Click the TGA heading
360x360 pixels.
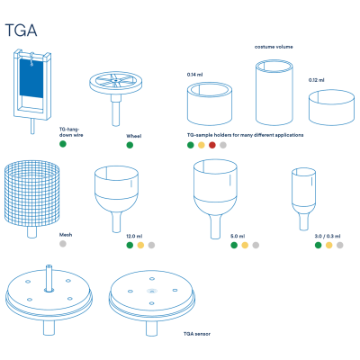[21, 31]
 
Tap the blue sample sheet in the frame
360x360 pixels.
[31, 78]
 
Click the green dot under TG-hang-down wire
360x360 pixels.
[63, 144]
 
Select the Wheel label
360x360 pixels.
[134, 136]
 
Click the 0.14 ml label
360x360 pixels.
[194, 75]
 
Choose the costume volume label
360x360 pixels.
[274, 47]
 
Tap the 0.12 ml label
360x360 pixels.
[317, 80]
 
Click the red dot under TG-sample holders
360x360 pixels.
[212, 145]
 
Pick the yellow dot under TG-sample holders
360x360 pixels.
[202, 145]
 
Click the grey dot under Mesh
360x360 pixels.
[63, 244]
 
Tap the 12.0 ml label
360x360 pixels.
[134, 237]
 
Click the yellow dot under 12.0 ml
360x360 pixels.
[140, 245]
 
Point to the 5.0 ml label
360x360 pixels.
[238, 237]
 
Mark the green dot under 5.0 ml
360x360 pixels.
[234, 245]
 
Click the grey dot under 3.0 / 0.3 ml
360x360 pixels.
[339, 245]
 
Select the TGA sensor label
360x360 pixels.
[197, 334]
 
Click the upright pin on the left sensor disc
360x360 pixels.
[49, 278]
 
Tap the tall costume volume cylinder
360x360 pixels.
[274, 93]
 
